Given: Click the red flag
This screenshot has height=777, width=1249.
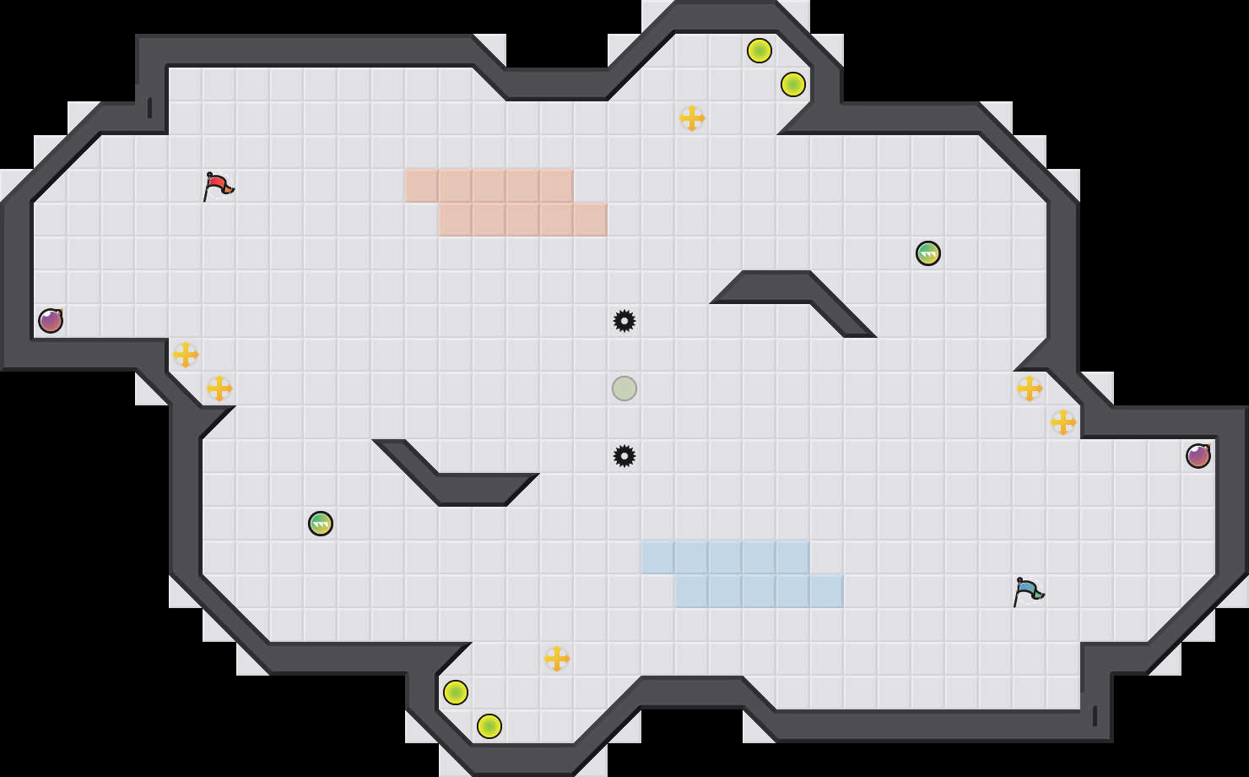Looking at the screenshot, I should [218, 185].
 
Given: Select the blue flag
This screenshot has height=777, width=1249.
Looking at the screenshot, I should [1028, 590].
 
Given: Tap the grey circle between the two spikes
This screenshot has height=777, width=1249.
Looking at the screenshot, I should [624, 388].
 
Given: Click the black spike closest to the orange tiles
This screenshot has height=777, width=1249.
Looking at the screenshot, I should [624, 321].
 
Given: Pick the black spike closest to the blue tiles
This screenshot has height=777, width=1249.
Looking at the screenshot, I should [624, 456].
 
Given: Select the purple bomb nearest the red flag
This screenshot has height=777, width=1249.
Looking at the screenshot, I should [51, 321].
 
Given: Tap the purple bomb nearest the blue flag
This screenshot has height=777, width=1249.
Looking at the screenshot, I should [1198, 456].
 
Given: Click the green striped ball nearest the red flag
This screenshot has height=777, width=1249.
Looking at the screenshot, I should [321, 524].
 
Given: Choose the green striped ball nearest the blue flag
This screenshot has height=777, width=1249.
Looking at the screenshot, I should [928, 253].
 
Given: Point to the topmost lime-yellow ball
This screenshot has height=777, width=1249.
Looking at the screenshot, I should [760, 51].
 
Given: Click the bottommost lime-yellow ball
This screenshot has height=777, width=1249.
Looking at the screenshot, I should [489, 726].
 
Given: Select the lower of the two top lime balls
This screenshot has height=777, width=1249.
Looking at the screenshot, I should [793, 84].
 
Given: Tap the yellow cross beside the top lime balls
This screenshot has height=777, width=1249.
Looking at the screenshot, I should [692, 118].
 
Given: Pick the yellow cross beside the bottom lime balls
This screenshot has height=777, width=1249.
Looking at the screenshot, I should [557, 659].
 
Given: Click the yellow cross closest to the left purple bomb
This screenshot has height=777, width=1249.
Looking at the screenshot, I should [186, 355].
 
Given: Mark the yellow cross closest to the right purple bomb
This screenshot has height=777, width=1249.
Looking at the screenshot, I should [1063, 422].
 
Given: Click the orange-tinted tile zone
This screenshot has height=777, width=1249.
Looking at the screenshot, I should [506, 203].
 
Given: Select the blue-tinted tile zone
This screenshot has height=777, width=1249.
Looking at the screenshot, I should [743, 574].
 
